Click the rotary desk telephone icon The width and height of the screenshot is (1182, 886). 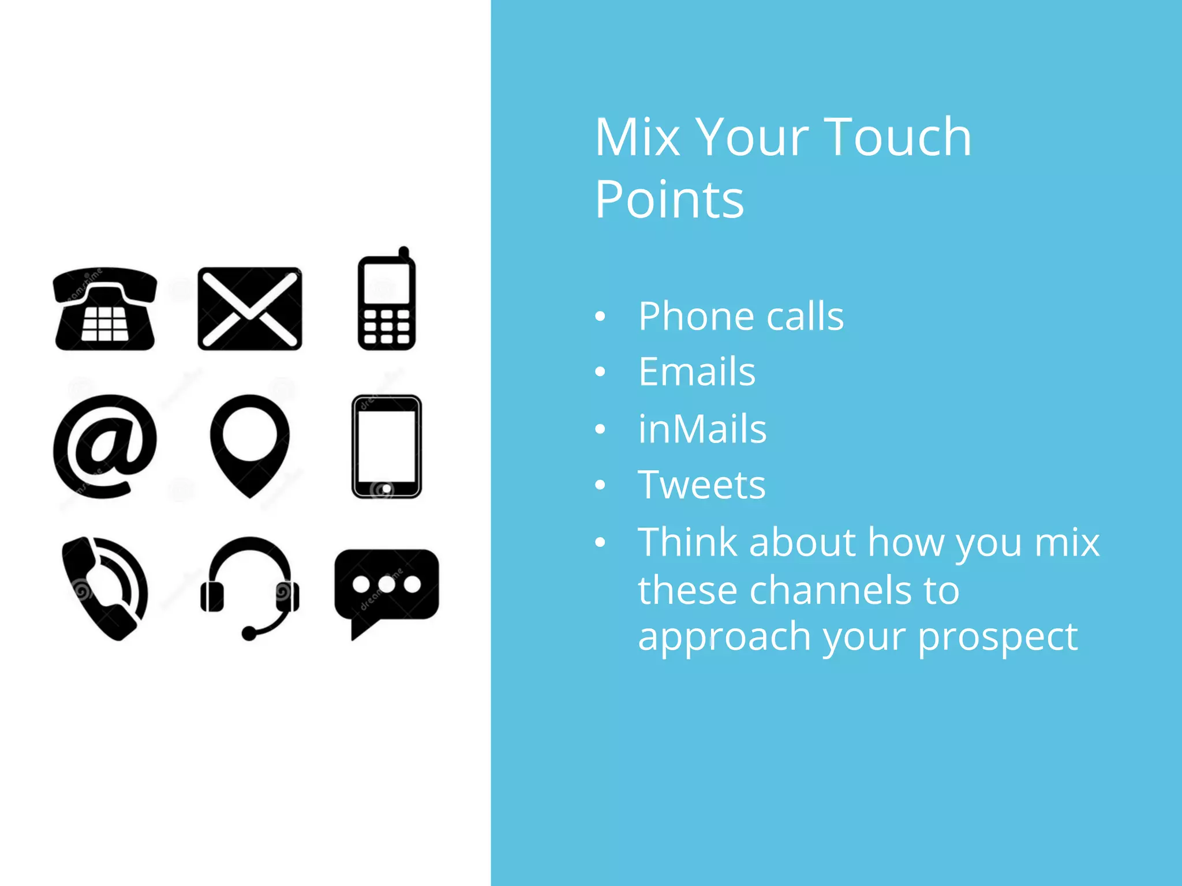point(105,310)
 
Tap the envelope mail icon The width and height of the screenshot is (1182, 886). point(249,309)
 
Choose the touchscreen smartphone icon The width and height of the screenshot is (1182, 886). point(386,446)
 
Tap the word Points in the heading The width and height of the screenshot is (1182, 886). point(669,200)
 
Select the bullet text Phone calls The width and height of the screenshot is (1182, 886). point(740,317)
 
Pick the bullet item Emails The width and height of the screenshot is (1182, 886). point(697,372)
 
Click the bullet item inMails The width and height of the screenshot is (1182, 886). point(702,429)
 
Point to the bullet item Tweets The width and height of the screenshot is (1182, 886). point(701,485)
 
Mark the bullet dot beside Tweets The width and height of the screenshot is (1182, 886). point(600,485)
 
